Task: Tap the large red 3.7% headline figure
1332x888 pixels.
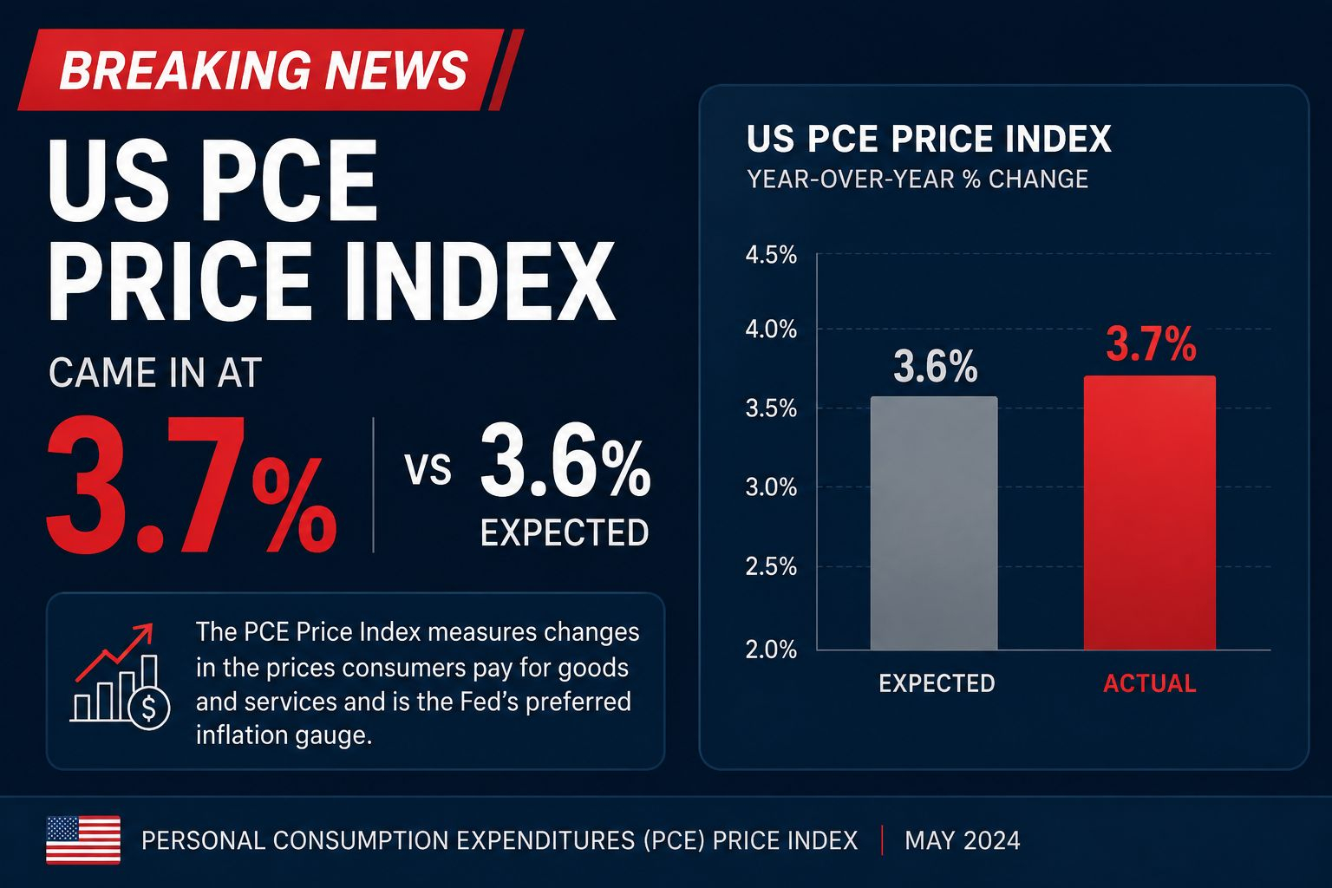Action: click(x=192, y=485)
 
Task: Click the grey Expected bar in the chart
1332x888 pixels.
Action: click(x=934, y=523)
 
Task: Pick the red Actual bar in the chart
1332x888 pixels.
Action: click(x=1149, y=513)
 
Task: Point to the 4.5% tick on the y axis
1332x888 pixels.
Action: click(x=771, y=255)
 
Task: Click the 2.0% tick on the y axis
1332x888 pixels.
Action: click(x=771, y=650)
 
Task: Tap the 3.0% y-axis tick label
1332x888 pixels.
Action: click(x=771, y=487)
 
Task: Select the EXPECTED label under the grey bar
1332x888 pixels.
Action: click(x=937, y=683)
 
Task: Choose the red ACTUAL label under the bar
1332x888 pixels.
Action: click(x=1149, y=683)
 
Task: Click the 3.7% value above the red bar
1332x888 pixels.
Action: click(x=1151, y=344)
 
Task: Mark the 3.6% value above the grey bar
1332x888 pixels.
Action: click(x=936, y=366)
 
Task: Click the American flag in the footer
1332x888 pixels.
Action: click(x=83, y=839)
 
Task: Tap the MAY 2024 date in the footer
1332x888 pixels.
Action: click(x=962, y=841)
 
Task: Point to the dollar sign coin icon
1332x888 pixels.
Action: click(x=148, y=708)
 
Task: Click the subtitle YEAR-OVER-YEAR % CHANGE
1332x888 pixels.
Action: click(x=917, y=179)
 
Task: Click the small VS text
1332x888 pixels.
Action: click(x=428, y=469)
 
